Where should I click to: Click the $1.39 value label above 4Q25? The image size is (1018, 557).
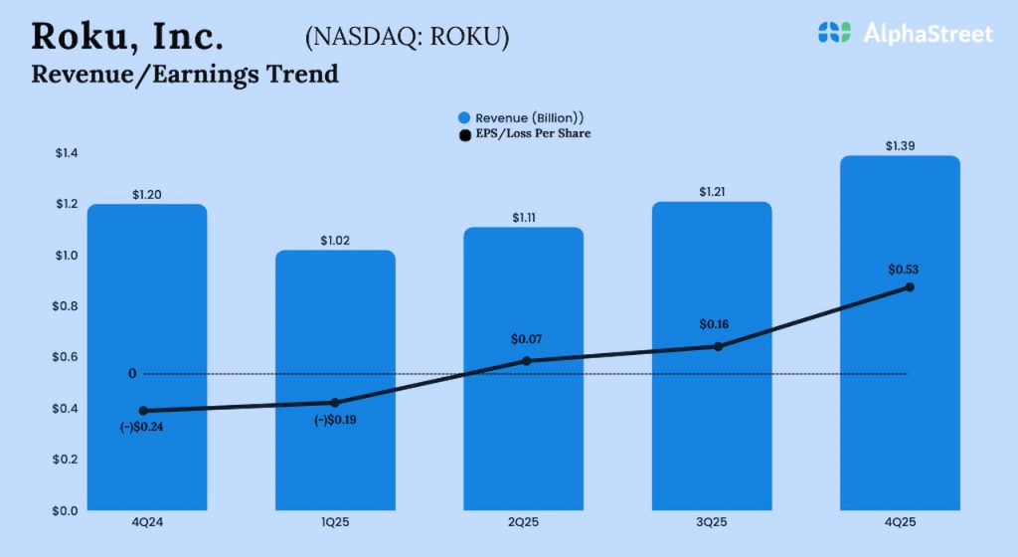point(900,146)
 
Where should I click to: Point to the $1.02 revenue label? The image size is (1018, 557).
point(335,240)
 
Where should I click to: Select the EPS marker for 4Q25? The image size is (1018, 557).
point(910,287)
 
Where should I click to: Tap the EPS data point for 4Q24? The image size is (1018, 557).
point(143,411)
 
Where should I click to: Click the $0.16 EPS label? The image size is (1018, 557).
point(714,324)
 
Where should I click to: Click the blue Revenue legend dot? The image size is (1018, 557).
point(464,117)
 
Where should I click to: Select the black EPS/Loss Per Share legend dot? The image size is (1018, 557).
point(464,133)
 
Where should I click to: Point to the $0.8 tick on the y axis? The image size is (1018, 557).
point(65,306)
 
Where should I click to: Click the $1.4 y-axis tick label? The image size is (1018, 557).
point(65,153)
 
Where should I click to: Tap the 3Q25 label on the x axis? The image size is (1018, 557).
point(711,523)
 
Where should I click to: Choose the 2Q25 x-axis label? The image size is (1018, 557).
point(523,523)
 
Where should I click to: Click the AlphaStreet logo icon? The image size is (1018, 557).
point(835,33)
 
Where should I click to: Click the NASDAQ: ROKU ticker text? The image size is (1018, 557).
point(407,37)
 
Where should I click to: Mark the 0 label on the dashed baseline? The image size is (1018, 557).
point(132,374)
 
